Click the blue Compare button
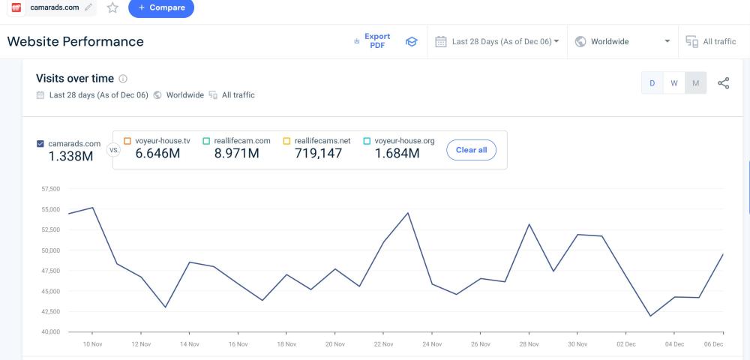pos(160,7)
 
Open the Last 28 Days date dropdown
pos(498,41)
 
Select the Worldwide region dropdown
pos(622,41)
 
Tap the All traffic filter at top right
pos(711,41)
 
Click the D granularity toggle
pos(652,83)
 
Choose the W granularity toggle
pos(674,83)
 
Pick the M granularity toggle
pos(696,83)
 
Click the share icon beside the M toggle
pos(724,83)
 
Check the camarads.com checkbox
pos(40,143)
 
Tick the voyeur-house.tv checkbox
pos(127,140)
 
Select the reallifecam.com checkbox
pos(206,140)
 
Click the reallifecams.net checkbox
pos(286,140)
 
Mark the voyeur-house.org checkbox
pos(367,140)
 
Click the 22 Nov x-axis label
pos(382,344)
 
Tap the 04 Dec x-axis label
pos(674,344)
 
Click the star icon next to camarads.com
pos(112,7)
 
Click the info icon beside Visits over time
pos(123,79)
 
